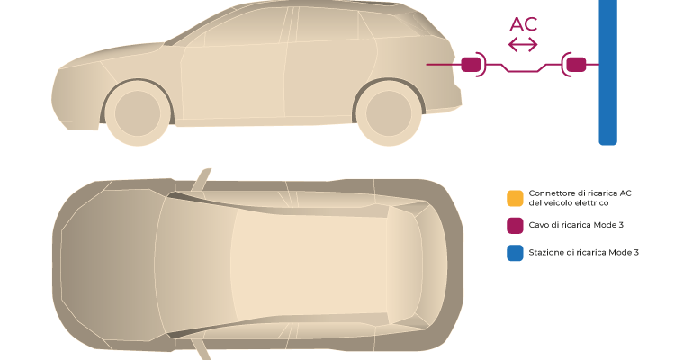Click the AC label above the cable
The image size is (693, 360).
coord(523,24)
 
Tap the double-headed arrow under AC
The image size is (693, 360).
coord(523,45)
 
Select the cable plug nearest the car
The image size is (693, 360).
coord(471,65)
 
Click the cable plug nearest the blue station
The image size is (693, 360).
coord(576,65)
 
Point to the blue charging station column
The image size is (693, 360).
coord(607,72)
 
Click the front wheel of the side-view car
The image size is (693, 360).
coord(138,113)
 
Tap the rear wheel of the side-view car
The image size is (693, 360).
coord(389,113)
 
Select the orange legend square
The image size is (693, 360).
coord(515,198)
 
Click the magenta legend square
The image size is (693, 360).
coord(515,226)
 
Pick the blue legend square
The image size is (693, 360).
coord(515,253)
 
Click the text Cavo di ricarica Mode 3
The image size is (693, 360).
coord(576,225)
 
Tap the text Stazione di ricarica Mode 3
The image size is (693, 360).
coord(583,252)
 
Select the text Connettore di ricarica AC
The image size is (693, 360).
coord(580,193)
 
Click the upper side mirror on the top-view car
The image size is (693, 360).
coord(201,180)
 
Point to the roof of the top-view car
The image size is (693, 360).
coord(310,265)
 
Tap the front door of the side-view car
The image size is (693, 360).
coord(233,82)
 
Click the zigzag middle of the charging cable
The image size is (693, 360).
coord(523,67)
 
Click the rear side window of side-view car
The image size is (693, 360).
coord(327,25)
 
